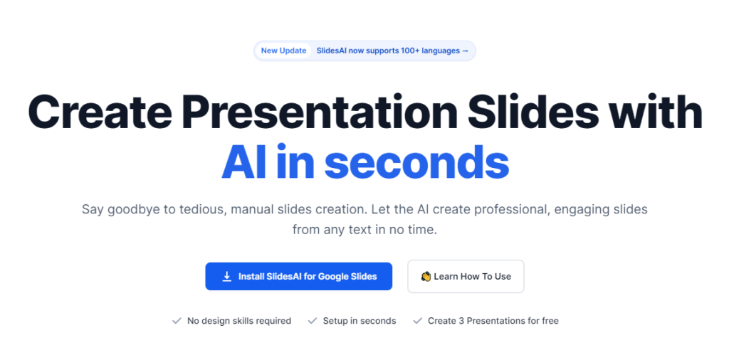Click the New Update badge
283,51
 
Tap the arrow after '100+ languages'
465,51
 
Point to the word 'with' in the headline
656,112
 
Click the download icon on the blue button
227,276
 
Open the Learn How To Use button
466,276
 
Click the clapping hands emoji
426,276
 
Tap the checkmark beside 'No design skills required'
177,321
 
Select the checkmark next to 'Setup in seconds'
313,321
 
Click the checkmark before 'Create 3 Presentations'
417,321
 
